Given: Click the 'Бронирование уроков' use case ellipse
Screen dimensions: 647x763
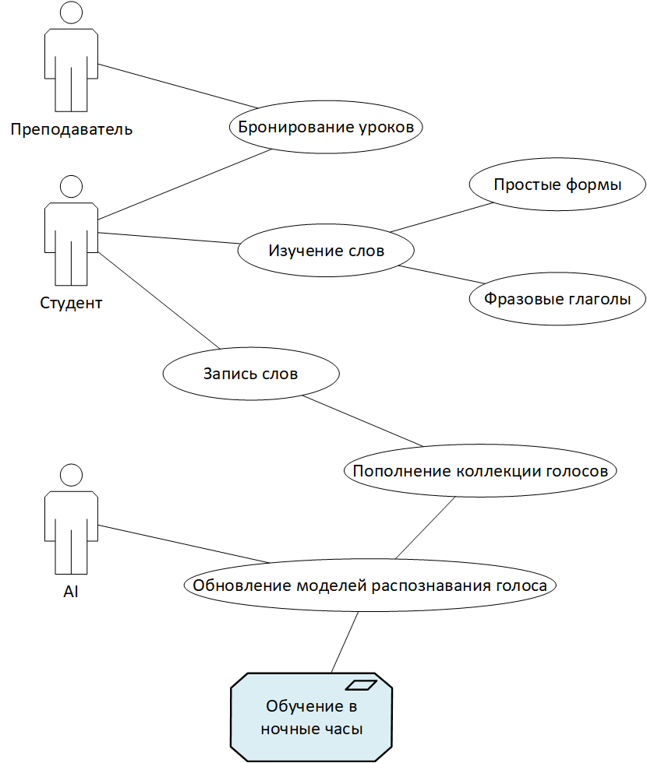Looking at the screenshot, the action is pyautogui.click(x=326, y=127).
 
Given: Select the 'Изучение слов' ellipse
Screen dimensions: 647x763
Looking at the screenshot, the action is pyautogui.click(x=326, y=250).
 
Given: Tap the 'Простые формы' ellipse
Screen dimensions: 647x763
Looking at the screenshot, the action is pyautogui.click(x=557, y=184).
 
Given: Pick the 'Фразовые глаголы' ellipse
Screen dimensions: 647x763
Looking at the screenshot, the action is pyautogui.click(x=557, y=298).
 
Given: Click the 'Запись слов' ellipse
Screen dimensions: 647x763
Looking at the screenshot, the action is pyautogui.click(x=251, y=373).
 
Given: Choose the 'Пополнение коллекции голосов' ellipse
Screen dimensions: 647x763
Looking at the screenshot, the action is pyautogui.click(x=480, y=470).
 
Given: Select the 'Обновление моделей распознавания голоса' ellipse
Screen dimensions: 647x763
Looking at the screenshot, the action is pyautogui.click(x=369, y=585).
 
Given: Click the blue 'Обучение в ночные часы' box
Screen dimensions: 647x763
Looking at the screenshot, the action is pyautogui.click(x=311, y=717).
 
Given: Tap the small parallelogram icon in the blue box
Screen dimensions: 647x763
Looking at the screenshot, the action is pyautogui.click(x=361, y=685).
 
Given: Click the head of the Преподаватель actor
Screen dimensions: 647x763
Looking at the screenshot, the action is pyautogui.click(x=71, y=12).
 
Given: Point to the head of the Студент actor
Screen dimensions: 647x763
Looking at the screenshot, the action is pyautogui.click(x=71, y=186).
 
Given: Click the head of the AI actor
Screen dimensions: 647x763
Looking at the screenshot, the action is pyautogui.click(x=71, y=475).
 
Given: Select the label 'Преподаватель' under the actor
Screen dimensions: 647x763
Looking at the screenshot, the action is pyautogui.click(x=72, y=129).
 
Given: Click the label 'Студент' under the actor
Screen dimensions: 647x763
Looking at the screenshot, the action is pyautogui.click(x=71, y=303).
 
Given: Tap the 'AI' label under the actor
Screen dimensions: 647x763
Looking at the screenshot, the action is pyautogui.click(x=71, y=591).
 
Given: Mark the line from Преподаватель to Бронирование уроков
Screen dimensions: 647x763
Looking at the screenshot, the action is pyautogui.click(x=178, y=86).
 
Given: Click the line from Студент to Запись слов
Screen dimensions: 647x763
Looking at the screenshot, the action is pyautogui.click(x=159, y=301).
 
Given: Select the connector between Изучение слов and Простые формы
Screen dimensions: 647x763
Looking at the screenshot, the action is pyautogui.click(x=442, y=217).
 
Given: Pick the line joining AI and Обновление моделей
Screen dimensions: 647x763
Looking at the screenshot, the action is pyautogui.click(x=184, y=544).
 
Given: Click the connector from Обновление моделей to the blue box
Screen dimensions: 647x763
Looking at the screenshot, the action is pyautogui.click(x=345, y=642).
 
